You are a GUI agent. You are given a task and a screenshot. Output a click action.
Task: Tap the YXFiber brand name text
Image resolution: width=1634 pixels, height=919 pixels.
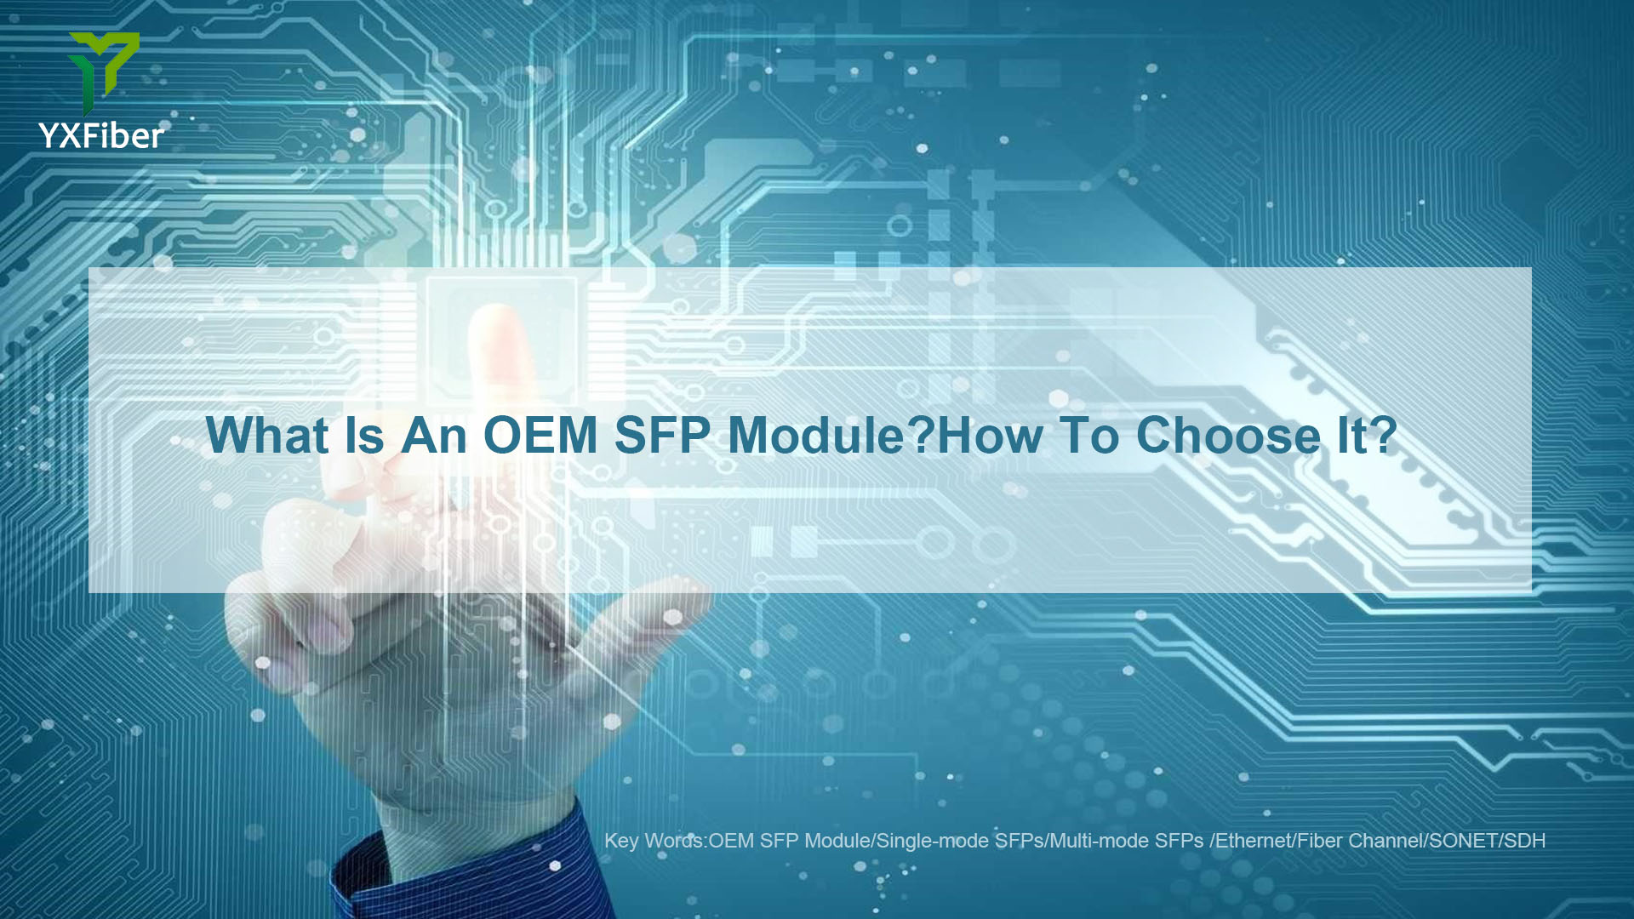coord(101,136)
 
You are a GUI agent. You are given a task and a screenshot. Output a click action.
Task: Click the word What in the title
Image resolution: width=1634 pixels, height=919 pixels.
coord(267,435)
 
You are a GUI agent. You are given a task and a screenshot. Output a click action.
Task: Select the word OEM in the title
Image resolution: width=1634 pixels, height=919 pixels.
coord(540,435)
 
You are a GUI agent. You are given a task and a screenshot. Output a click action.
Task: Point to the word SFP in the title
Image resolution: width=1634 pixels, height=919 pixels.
coord(662,435)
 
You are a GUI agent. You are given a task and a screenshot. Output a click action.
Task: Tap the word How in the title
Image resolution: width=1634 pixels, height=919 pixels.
coord(990,435)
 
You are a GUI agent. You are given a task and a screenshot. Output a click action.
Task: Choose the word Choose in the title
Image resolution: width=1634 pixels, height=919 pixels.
coord(1228,435)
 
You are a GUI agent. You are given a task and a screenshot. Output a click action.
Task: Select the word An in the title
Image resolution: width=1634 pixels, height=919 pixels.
coord(434,435)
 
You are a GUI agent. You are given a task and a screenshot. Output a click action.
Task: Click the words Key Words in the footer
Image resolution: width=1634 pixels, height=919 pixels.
coord(654,841)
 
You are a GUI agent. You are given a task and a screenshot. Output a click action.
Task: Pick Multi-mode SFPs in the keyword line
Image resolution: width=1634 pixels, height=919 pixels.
coord(1126,841)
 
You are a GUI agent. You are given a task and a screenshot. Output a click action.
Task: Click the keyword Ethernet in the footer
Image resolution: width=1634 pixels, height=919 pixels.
coord(1253,841)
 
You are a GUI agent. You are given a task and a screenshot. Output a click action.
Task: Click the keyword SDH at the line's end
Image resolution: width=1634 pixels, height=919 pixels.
coord(1524,841)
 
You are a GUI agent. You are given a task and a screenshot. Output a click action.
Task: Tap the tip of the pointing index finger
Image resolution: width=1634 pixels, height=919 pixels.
coord(497,315)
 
